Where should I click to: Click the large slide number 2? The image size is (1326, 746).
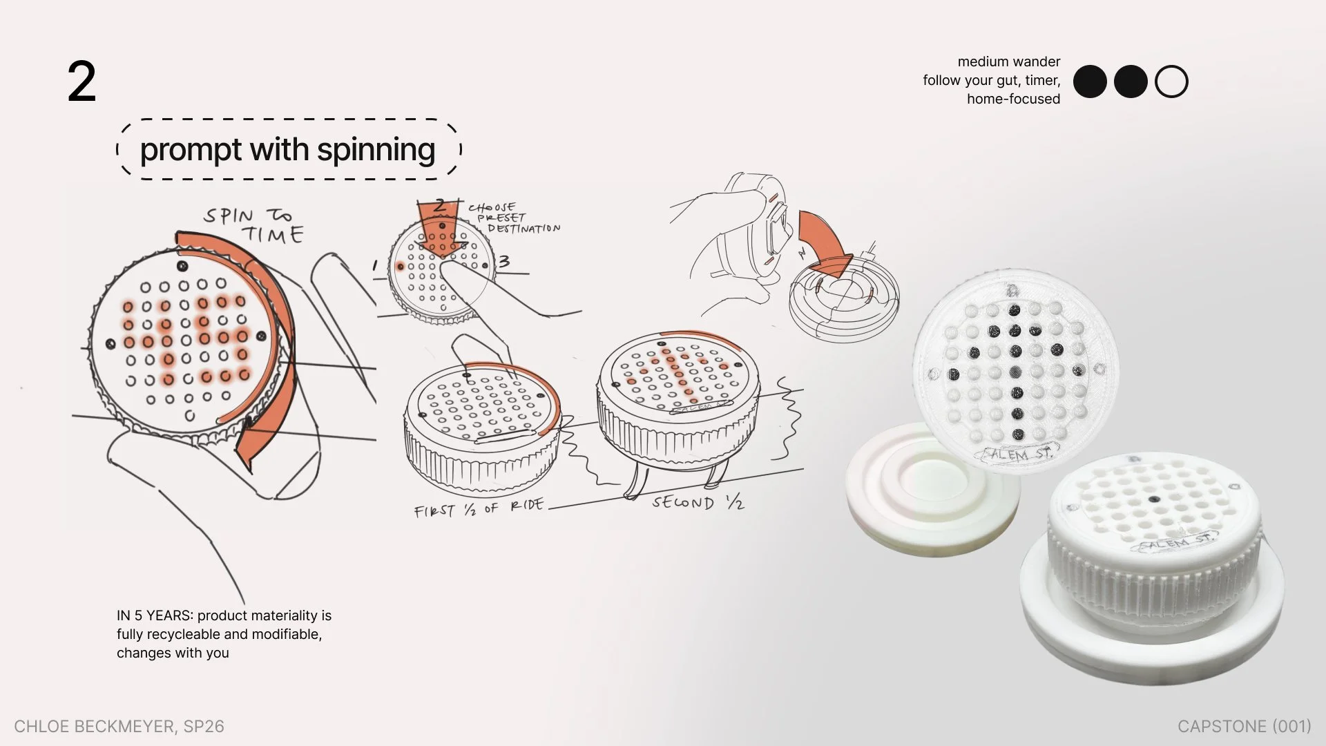(x=81, y=83)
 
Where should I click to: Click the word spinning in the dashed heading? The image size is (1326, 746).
(x=376, y=150)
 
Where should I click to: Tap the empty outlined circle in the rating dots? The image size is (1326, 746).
(x=1171, y=82)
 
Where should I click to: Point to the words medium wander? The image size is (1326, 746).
(x=1008, y=61)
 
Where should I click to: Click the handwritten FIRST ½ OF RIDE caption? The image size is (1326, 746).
(x=478, y=508)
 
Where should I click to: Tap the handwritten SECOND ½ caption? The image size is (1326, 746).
(x=698, y=502)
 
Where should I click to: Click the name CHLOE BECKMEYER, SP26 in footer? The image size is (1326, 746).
(x=119, y=726)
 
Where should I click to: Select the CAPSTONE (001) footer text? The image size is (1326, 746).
(x=1244, y=726)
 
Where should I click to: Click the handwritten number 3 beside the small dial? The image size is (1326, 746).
(x=504, y=261)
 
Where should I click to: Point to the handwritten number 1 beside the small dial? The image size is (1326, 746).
(x=375, y=265)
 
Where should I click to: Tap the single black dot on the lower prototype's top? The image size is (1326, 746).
(x=1153, y=499)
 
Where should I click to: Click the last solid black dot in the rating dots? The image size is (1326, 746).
(x=1131, y=82)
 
